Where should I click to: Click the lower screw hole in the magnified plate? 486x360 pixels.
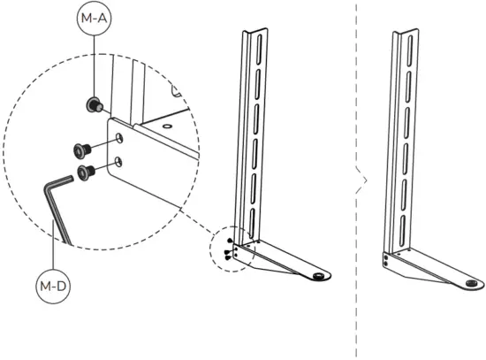(x=118, y=161)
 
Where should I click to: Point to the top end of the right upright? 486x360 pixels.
(x=406, y=31)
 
